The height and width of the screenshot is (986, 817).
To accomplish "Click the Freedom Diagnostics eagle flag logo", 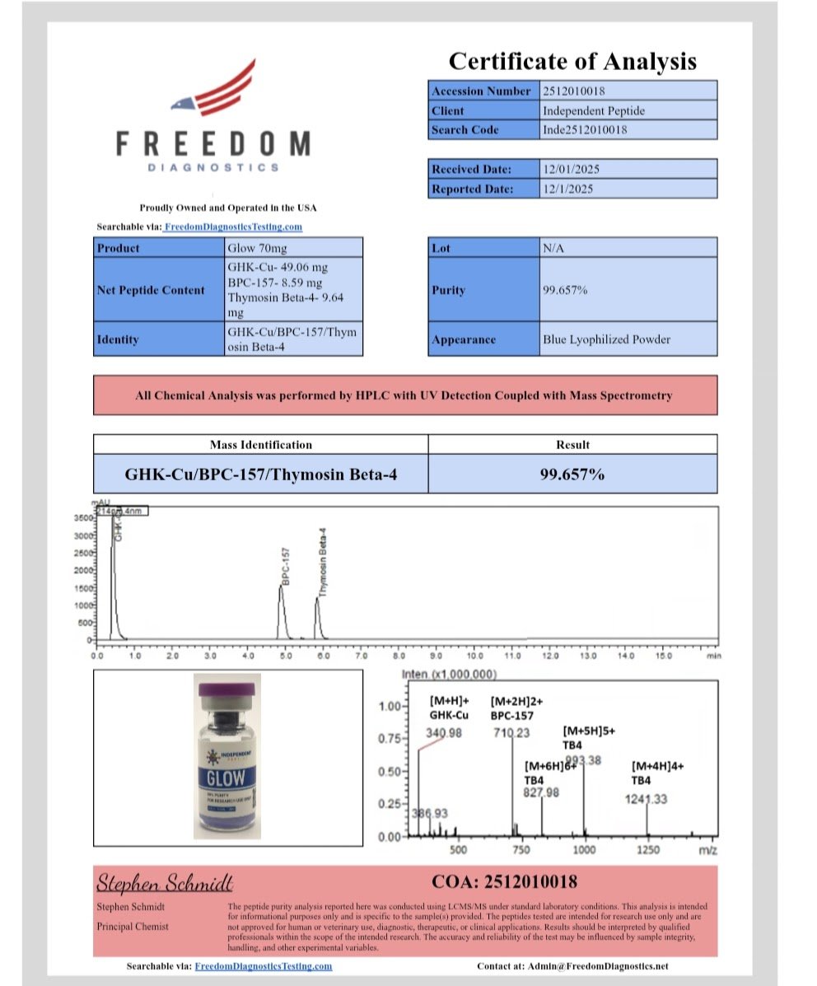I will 212,88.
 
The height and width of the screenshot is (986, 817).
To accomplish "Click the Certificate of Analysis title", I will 572,61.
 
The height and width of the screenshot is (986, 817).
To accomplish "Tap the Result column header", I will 572,445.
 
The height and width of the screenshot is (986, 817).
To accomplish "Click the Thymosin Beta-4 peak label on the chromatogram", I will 323,562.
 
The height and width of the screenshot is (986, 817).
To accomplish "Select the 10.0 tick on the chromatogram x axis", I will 475,656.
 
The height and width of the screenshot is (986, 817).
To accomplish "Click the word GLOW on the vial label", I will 226,777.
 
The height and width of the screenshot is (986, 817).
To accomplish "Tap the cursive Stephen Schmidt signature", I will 165,884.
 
